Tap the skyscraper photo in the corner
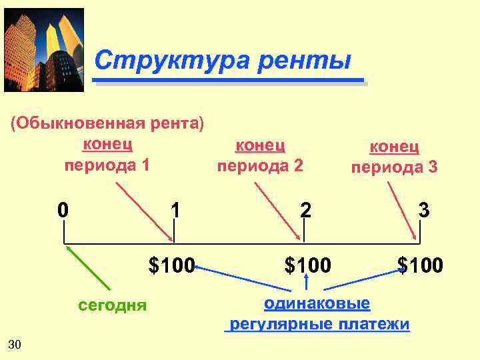point(44,49)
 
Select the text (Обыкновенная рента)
point(107,125)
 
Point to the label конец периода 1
point(107,154)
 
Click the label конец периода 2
point(261,155)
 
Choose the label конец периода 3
point(395,157)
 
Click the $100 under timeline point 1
point(171,266)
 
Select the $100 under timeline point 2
point(307,266)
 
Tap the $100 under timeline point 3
point(420,266)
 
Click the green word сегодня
point(112,305)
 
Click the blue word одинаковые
point(317,304)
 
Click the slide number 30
point(15,344)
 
